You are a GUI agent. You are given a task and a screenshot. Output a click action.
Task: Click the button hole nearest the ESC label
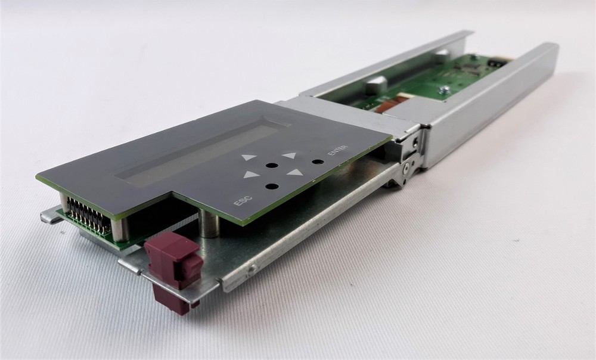[271, 187]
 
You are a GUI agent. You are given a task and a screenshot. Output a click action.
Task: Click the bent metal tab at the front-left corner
[51, 215]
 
